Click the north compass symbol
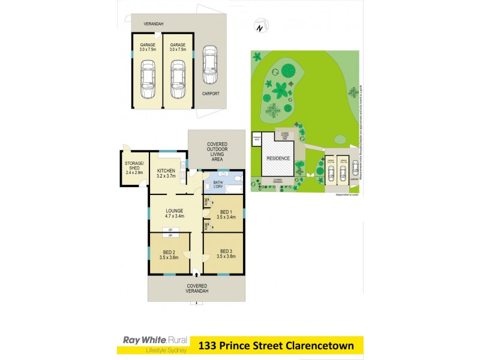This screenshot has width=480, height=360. coord(259,28)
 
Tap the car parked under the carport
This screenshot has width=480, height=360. coord(209,65)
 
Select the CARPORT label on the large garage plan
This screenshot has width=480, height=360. coord(211,94)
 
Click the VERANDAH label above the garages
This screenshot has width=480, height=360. coord(154,24)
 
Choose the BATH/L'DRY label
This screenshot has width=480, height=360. coord(218,184)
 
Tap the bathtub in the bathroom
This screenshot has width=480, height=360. coord(225,194)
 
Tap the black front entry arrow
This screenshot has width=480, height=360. coord(196,274)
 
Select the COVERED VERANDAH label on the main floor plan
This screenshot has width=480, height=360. coord(196,288)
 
